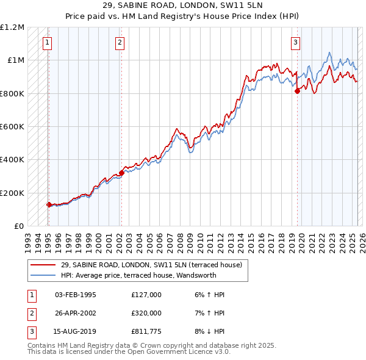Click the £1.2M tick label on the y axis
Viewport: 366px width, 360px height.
point(12,27)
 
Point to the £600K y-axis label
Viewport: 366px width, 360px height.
point(12,127)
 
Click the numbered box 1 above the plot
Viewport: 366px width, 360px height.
point(47,43)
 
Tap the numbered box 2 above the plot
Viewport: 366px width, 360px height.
point(120,43)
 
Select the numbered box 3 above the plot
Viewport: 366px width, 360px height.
point(295,43)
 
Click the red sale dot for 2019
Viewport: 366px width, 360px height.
point(297,91)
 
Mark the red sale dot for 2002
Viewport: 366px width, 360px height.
point(121,173)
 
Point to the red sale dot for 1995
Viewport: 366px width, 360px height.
point(49,205)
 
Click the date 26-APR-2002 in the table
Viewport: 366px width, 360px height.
point(76,313)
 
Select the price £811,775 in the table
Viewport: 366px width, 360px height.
point(146,332)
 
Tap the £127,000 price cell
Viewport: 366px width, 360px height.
point(146,294)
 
